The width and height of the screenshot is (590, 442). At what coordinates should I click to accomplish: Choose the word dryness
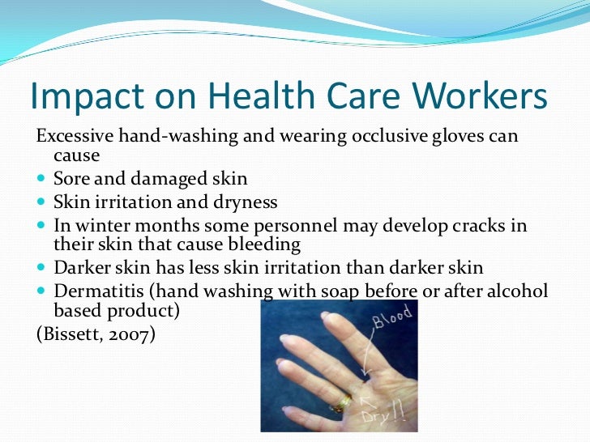pos(243,202)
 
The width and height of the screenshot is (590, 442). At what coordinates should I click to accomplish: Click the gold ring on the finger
pos(341,402)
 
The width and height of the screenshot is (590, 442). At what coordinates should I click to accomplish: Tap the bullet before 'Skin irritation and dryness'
pos(42,202)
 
